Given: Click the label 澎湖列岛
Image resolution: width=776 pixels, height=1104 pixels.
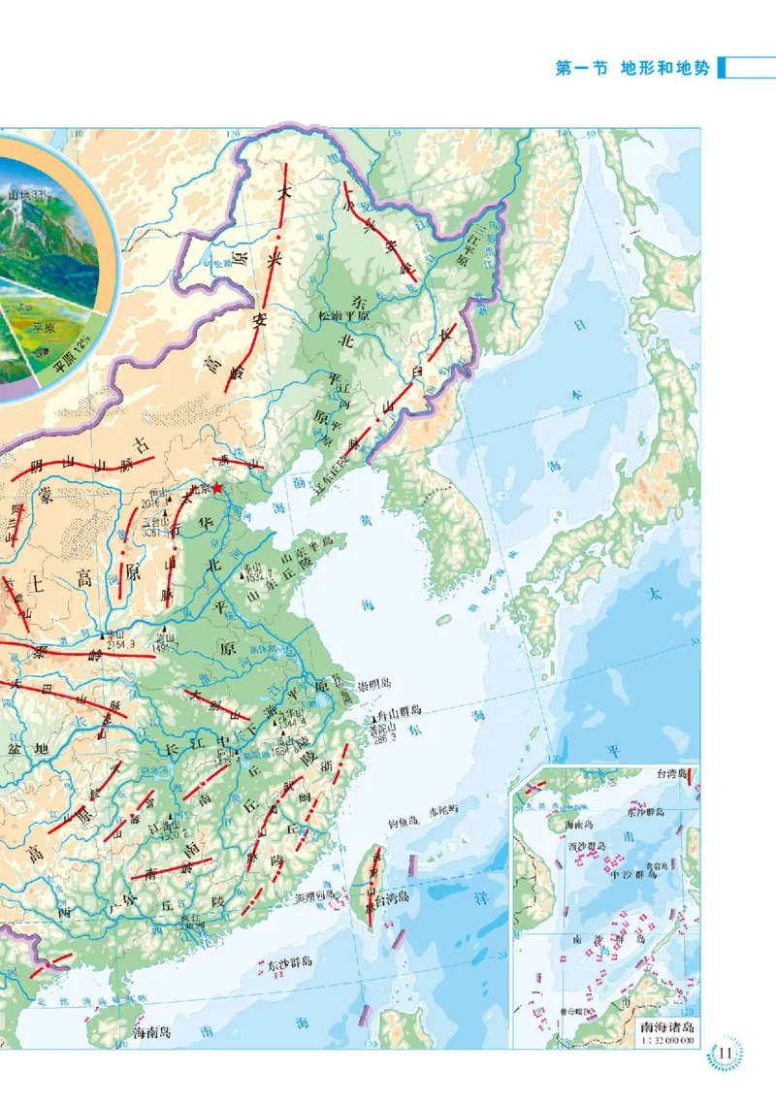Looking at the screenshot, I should tap(319, 896).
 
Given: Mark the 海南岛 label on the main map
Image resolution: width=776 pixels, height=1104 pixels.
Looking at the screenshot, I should tap(152, 1033).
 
